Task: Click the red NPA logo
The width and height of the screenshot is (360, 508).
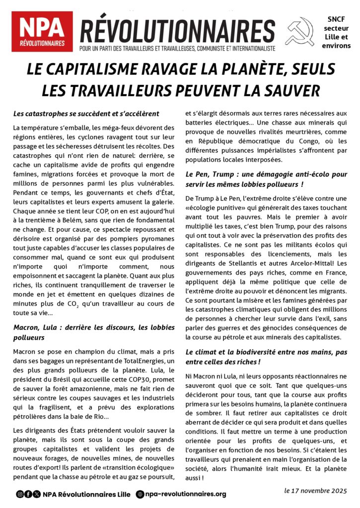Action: pyautogui.click(x=42, y=31)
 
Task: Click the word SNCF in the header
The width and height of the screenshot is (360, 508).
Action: pyautogui.click(x=339, y=19)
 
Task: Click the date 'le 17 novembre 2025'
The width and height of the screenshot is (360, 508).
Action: pyautogui.click(x=315, y=491)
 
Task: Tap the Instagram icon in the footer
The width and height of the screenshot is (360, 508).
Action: pyautogui.click(x=20, y=494)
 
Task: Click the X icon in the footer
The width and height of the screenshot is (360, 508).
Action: pyautogui.click(x=37, y=494)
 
